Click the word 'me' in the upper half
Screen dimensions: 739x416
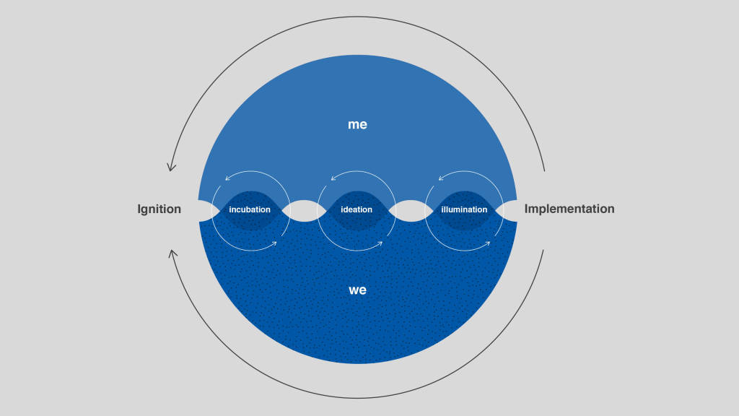pyautogui.click(x=357, y=124)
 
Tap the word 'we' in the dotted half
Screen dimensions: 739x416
pyautogui.click(x=358, y=290)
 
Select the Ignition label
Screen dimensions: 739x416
pyautogui.click(x=159, y=209)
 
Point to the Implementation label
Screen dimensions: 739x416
pyautogui.click(x=569, y=209)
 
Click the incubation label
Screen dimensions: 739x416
pyautogui.click(x=250, y=209)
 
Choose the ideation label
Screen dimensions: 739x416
pyautogui.click(x=357, y=209)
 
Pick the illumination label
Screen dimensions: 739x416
pyautogui.click(x=464, y=209)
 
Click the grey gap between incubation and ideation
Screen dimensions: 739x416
pyautogui.click(x=304, y=211)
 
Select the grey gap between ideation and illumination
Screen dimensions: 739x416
pyautogui.click(x=411, y=211)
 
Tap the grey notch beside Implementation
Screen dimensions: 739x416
pyautogui.click(x=509, y=211)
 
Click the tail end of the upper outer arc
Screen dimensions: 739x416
pyautogui.click(x=544, y=170)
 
